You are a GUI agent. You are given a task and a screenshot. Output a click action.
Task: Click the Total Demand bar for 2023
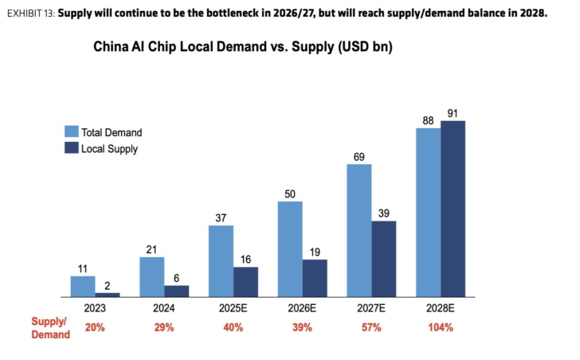tap(83, 286)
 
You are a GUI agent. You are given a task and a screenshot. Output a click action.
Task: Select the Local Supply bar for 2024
tap(176, 291)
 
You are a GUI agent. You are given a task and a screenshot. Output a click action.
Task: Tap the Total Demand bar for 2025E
tap(221, 260)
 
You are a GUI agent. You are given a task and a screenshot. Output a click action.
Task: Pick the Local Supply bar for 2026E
tap(314, 277)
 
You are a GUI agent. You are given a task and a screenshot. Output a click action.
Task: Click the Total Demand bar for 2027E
tap(359, 232)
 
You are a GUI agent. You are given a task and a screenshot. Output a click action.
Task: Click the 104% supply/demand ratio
tap(440, 327)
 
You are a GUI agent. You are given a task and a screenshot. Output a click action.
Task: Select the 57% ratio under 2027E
tap(371, 327)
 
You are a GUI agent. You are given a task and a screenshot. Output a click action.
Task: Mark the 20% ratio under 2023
tap(95, 327)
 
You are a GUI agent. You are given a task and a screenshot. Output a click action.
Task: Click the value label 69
tap(359, 157)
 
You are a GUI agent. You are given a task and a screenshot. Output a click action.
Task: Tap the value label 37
tap(221, 217)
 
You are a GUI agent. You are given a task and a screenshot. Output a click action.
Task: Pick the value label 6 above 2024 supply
tap(176, 277)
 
